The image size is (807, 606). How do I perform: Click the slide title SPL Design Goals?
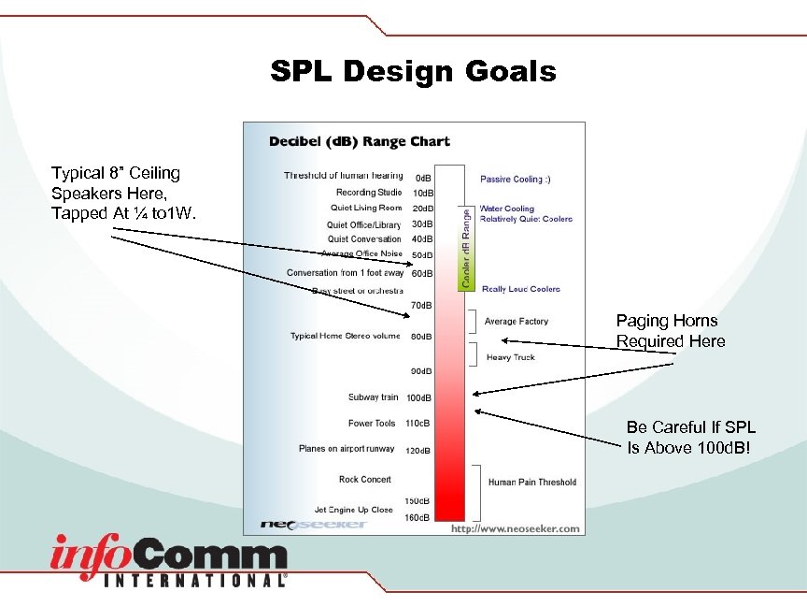(x=413, y=71)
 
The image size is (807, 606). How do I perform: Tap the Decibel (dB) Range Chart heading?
(x=359, y=142)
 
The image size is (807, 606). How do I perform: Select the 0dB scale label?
(x=423, y=177)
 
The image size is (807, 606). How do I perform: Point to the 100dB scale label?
(x=418, y=398)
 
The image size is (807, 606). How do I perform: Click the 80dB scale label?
(x=422, y=337)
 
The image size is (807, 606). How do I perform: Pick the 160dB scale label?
(x=418, y=517)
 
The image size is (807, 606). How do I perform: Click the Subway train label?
(x=373, y=397)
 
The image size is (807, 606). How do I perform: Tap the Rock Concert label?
(x=365, y=480)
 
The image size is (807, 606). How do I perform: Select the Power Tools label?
(x=372, y=424)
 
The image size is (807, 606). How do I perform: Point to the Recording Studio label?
(x=369, y=193)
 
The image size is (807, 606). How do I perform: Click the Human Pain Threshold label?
(x=531, y=483)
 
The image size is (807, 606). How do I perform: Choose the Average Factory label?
(x=517, y=322)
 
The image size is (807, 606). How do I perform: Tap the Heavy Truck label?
(x=511, y=357)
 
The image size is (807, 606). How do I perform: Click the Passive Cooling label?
(x=515, y=179)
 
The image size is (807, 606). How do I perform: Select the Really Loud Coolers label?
(x=520, y=289)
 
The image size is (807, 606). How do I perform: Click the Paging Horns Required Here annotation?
(x=670, y=331)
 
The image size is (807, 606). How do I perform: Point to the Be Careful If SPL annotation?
(x=691, y=437)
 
